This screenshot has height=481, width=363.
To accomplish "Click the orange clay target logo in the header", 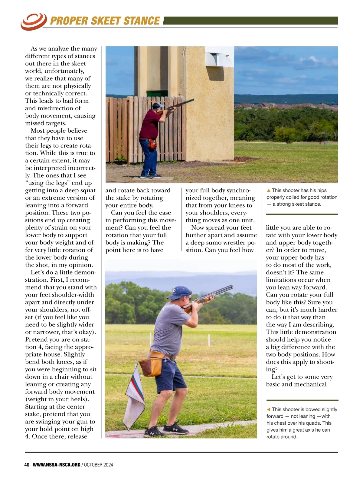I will pyautogui.click(x=33, y=21).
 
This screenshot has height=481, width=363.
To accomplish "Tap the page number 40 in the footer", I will pyautogui.click(x=27, y=465).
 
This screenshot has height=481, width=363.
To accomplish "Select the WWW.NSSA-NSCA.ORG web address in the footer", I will pyautogui.click(x=57, y=465).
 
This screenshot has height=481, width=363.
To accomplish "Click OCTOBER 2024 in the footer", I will pyautogui.click(x=98, y=465).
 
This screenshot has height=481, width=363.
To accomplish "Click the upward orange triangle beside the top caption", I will pyautogui.click(x=268, y=191).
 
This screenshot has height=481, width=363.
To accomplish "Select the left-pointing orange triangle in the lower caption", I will pyautogui.click(x=268, y=410).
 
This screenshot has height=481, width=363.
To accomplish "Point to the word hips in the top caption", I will pyautogui.click(x=322, y=191).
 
